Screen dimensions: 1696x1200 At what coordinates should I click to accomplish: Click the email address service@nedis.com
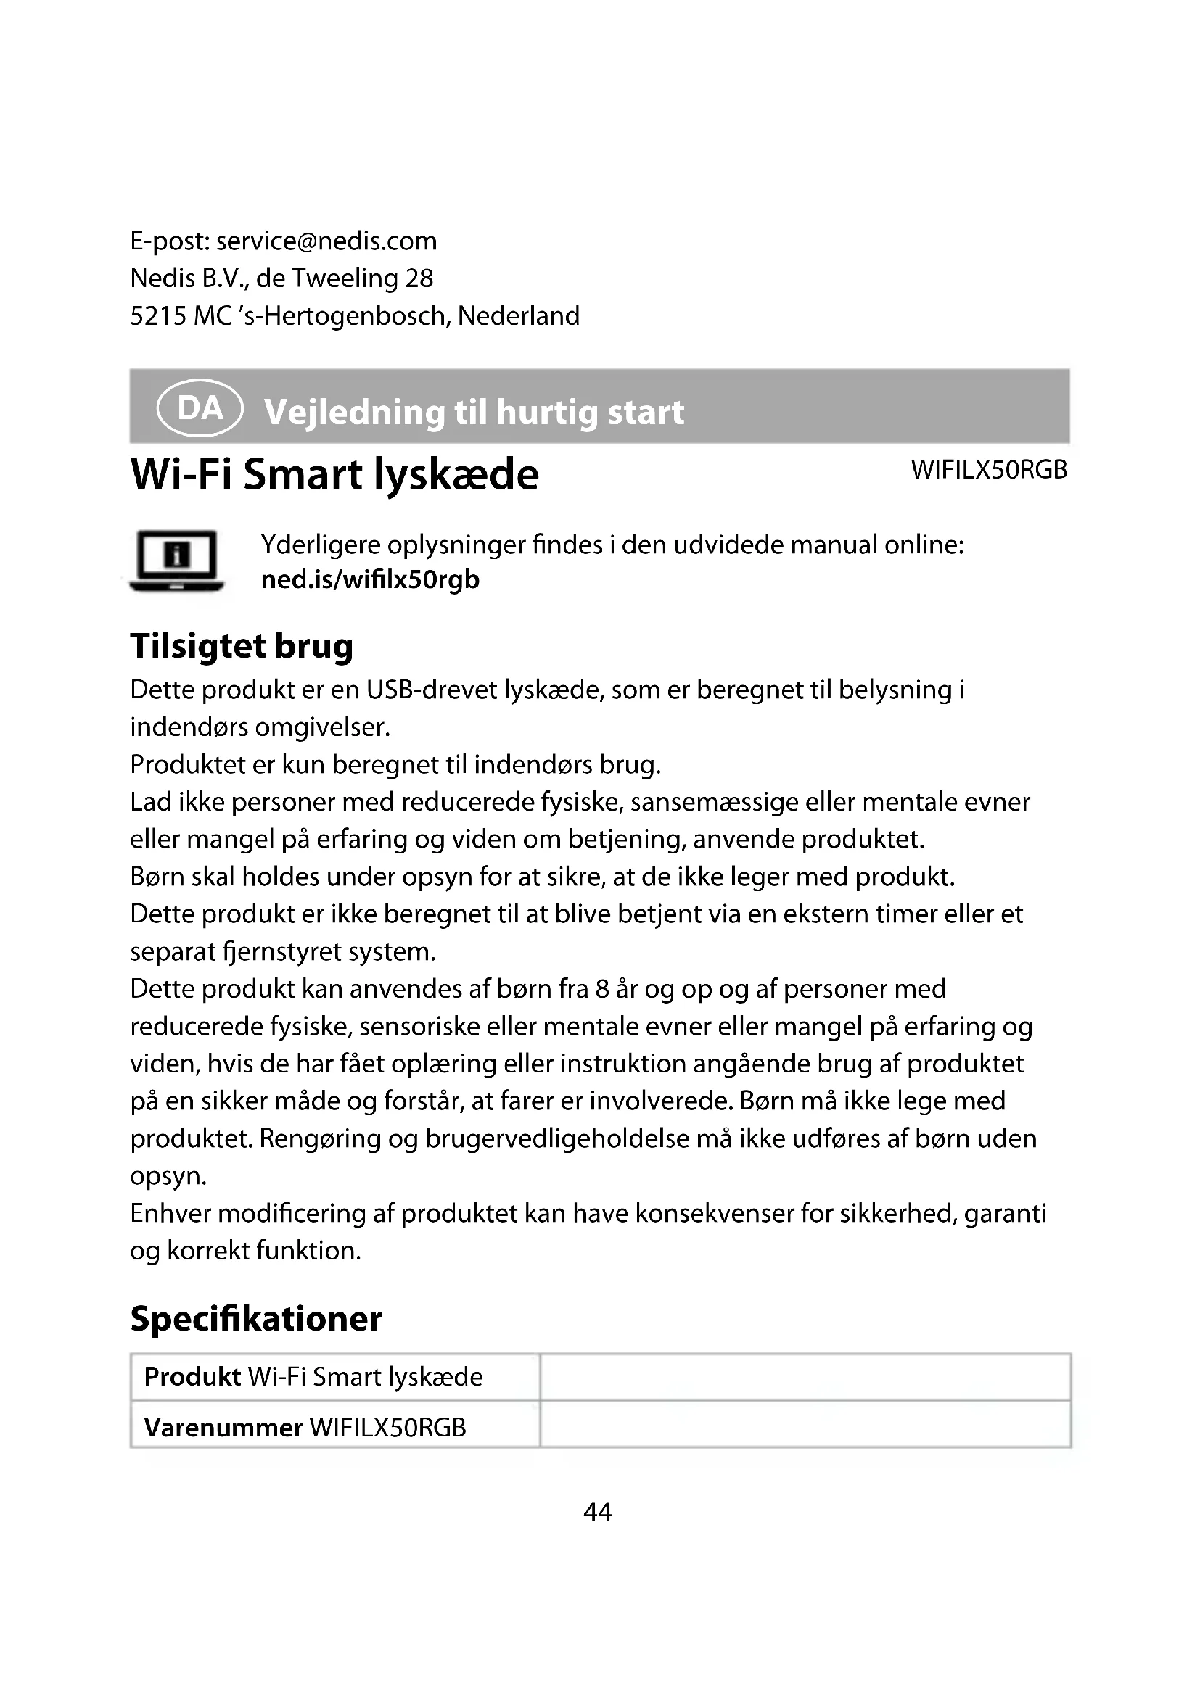coord(326,241)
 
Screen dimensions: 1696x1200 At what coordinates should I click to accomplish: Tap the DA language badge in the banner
coord(200,408)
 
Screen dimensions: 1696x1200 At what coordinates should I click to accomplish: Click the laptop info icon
coord(176,560)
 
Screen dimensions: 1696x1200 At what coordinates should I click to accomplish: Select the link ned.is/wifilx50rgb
coord(370,579)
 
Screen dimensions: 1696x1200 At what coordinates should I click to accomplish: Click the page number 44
coord(598,1512)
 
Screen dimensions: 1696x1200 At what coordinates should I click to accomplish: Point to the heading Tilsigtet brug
coord(242,645)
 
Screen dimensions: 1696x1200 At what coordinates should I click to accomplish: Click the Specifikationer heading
coord(255,1318)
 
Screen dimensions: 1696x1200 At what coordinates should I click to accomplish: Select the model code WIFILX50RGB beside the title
coord(989,470)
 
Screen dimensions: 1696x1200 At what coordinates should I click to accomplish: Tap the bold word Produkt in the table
coord(192,1377)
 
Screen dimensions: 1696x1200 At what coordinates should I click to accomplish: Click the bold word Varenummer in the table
coord(223,1427)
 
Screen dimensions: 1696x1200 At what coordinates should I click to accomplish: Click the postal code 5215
coord(157,316)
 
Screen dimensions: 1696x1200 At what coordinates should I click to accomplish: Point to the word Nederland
coord(519,316)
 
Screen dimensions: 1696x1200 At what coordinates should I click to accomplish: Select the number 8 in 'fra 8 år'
coord(602,989)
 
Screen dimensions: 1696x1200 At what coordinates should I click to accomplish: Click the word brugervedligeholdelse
coord(557,1138)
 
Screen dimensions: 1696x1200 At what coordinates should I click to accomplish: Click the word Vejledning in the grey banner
coord(355,411)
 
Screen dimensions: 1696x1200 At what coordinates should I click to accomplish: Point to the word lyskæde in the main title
coord(455,474)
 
